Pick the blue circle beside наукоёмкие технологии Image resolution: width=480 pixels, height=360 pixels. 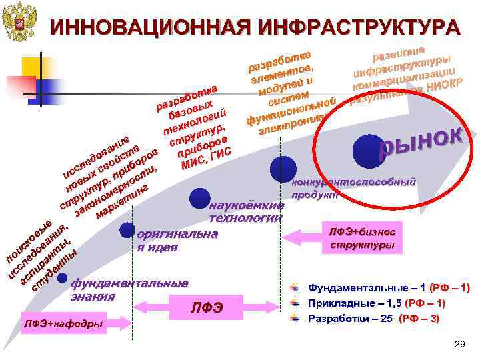point(199,198)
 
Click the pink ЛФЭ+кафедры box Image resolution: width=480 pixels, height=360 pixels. point(63,324)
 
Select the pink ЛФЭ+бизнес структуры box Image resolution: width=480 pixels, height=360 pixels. point(363,238)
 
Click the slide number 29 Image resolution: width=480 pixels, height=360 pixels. point(458,344)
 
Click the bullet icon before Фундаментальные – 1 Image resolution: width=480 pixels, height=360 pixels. point(296,288)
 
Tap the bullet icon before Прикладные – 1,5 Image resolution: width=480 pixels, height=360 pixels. point(296,303)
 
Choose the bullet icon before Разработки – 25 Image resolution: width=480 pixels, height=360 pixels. point(296,318)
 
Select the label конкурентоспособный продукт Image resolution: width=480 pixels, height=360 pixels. point(353,187)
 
